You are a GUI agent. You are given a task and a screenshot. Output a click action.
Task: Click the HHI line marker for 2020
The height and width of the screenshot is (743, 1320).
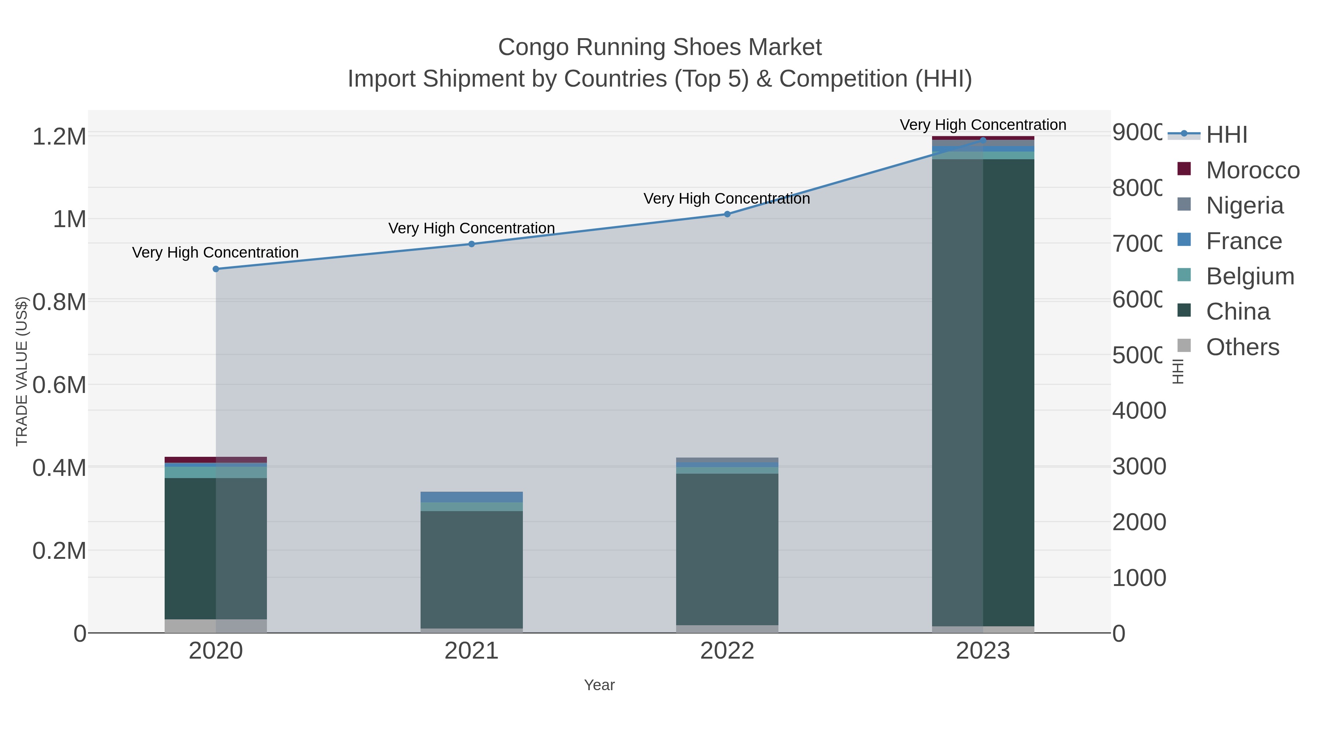pos(216,269)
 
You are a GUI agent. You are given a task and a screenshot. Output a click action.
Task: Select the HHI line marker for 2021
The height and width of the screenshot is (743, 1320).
pos(472,244)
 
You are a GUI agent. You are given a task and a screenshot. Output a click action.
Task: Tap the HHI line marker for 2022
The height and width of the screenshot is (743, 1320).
pos(727,214)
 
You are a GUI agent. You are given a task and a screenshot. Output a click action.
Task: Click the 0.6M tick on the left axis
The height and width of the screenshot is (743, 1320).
pos(59,385)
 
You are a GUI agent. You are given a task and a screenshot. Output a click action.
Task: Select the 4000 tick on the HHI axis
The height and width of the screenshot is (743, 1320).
pos(1138,411)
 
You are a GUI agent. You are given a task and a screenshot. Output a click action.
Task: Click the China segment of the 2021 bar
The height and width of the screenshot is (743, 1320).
pos(472,569)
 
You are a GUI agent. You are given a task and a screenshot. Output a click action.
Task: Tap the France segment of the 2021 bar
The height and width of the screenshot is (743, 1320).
pos(472,496)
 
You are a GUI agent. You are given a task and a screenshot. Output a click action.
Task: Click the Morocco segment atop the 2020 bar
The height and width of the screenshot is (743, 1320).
pos(215,459)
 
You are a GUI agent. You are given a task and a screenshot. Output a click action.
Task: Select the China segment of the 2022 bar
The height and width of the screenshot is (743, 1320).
pos(727,549)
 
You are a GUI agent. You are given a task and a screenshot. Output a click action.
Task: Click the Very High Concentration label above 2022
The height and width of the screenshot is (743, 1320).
pos(727,199)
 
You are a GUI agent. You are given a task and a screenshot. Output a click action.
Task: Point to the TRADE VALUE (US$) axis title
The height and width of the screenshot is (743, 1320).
pos(22,371)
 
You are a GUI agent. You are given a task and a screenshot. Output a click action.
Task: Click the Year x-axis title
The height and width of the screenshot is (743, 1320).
pos(599,685)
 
